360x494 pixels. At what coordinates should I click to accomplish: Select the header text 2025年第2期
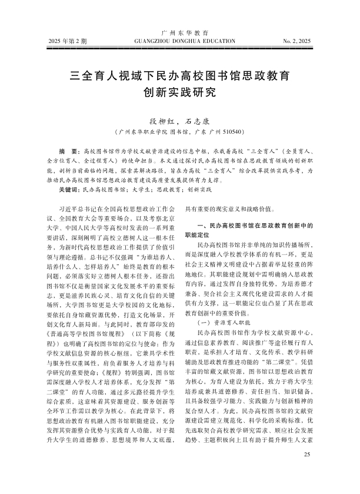tap(68, 42)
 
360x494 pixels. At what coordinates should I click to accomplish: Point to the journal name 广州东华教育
tap(180, 32)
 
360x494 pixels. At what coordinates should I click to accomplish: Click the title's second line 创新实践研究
tap(180, 92)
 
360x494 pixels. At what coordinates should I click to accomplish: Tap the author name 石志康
tap(197, 118)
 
